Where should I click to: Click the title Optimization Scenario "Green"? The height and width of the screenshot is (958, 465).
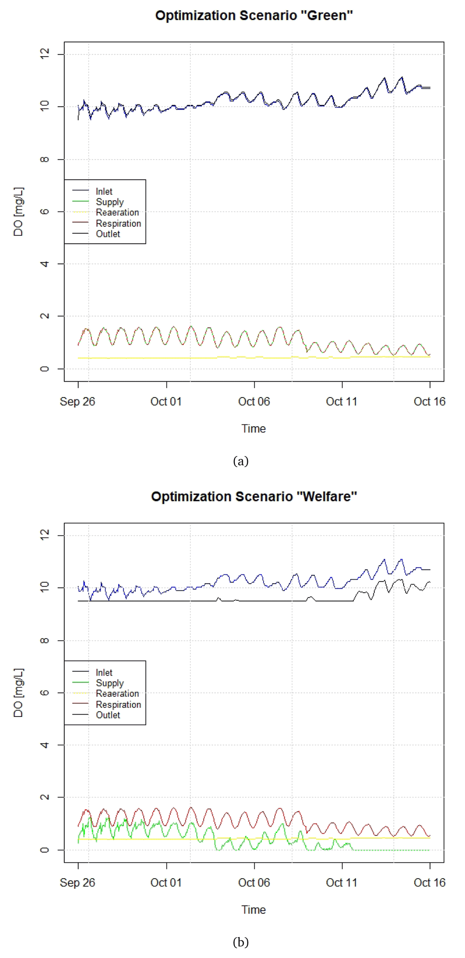254,16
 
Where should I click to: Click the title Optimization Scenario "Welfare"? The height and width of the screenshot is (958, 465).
254,497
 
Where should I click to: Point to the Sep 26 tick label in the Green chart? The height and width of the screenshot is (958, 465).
77,402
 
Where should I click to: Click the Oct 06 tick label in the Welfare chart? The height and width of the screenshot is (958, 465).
254,883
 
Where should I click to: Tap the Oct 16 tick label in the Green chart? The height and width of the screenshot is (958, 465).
430,402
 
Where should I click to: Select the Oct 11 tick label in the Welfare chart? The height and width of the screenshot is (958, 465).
342,883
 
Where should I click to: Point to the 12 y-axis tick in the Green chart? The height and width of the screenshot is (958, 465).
45,54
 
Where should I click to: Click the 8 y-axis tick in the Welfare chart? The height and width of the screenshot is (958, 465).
45,640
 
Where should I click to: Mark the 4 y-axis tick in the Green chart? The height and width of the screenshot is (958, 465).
45,264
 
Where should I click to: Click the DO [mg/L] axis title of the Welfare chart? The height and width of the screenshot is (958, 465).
19,693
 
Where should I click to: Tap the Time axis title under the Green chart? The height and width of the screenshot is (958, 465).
253,429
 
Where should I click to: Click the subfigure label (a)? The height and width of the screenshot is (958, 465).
241,461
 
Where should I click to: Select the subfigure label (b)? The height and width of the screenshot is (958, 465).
241,942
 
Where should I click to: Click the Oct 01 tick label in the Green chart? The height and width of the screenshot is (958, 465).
166,402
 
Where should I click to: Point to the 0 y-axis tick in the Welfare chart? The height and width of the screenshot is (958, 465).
45,850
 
